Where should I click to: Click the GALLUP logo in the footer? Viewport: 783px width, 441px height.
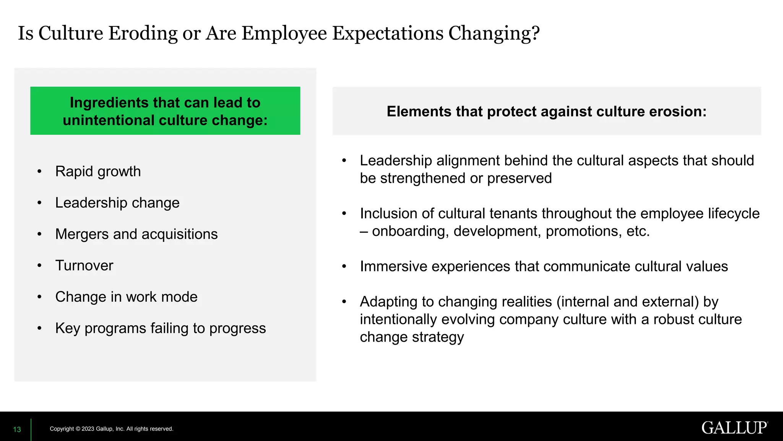click(734, 428)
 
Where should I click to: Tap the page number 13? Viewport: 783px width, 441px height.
click(17, 430)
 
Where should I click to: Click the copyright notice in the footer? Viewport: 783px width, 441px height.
click(111, 429)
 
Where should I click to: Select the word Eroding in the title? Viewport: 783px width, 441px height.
click(143, 33)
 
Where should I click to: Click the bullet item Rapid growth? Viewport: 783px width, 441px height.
click(98, 171)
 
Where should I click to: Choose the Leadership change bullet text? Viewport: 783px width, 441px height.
click(117, 203)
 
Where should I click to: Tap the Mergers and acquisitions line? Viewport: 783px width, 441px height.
click(136, 234)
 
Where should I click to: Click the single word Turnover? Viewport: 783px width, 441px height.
click(84, 266)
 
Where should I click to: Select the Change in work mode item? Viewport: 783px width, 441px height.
click(126, 297)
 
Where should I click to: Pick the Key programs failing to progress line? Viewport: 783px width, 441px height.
click(160, 328)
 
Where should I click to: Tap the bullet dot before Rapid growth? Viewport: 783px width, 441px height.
click(39, 171)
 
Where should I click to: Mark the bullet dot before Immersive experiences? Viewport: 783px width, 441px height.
click(344, 266)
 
